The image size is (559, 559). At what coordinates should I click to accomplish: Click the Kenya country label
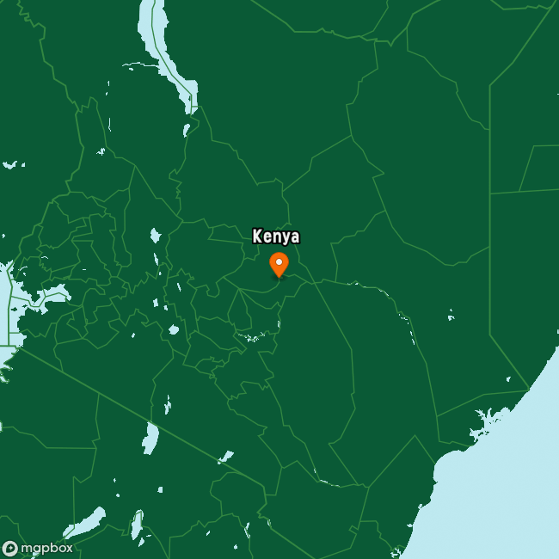coord(276,236)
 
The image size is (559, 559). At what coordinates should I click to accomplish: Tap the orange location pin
coord(279,264)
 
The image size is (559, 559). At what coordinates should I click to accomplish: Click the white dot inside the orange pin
coord(279,261)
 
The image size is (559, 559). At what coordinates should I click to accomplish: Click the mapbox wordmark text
coord(46,548)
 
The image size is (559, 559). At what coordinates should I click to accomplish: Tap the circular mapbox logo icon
coord(10,548)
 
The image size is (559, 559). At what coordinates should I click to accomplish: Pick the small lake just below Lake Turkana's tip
coord(187,129)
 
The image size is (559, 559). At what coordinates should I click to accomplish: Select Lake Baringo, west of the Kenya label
coord(155,235)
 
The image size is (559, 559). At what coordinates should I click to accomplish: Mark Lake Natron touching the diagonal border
coord(151,439)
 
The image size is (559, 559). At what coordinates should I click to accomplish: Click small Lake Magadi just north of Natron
coord(167,404)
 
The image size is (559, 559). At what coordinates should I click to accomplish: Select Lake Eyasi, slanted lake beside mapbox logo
coord(84,522)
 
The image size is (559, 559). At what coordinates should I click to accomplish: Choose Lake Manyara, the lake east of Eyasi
coord(136,524)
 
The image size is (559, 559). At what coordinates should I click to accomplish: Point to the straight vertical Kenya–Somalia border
coord(489,258)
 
